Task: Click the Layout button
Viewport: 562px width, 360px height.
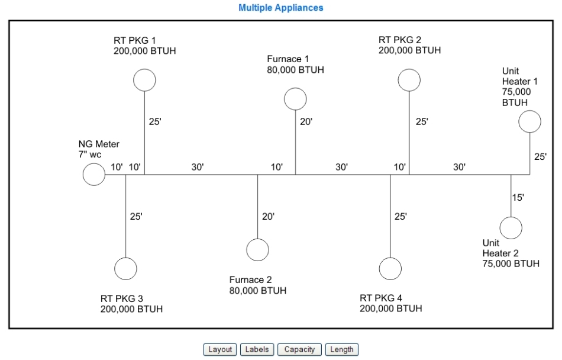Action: (x=219, y=349)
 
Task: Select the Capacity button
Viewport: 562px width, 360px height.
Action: (x=299, y=349)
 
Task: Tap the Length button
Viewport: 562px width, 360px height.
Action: (x=341, y=349)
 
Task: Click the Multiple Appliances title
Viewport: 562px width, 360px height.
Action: (x=280, y=8)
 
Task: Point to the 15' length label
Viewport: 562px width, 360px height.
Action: (x=518, y=197)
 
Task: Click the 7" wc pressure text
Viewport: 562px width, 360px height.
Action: (x=90, y=155)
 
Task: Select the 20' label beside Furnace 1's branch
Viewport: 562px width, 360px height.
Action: (x=306, y=122)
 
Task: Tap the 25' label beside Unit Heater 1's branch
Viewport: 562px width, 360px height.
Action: (x=541, y=157)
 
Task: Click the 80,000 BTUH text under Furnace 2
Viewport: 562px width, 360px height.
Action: (x=258, y=291)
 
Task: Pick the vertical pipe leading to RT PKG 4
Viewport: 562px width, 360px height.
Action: (x=390, y=216)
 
